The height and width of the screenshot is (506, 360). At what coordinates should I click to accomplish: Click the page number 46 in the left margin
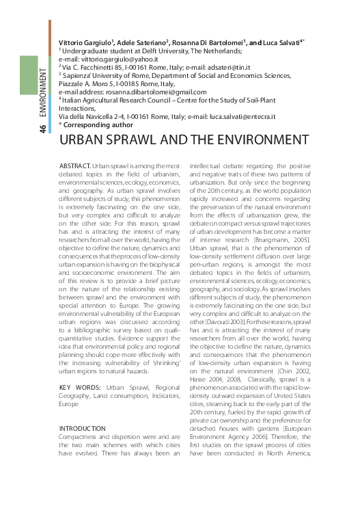43,129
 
